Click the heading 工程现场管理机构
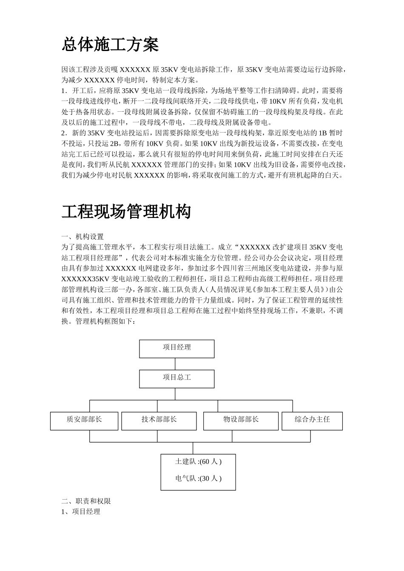coord(126,212)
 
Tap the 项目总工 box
coord(176,378)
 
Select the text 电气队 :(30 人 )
coord(198,479)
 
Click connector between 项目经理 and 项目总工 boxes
coord(175,364)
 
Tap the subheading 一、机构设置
coord(83,237)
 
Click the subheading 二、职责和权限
coord(86,501)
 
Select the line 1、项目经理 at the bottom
coord(81,512)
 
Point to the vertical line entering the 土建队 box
coord(193,448)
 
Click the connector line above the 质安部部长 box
coord(90,406)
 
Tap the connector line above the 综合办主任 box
coord(293,406)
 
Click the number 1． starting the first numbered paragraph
coord(64,91)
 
